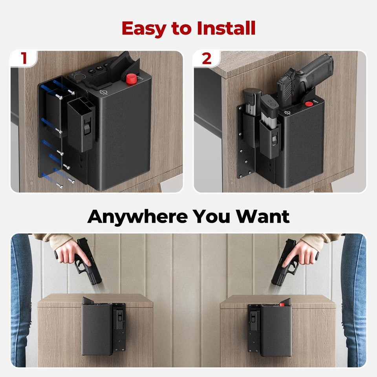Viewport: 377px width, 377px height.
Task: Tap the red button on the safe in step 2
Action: tap(309, 104)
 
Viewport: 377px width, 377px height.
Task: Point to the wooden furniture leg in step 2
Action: tap(325, 188)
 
